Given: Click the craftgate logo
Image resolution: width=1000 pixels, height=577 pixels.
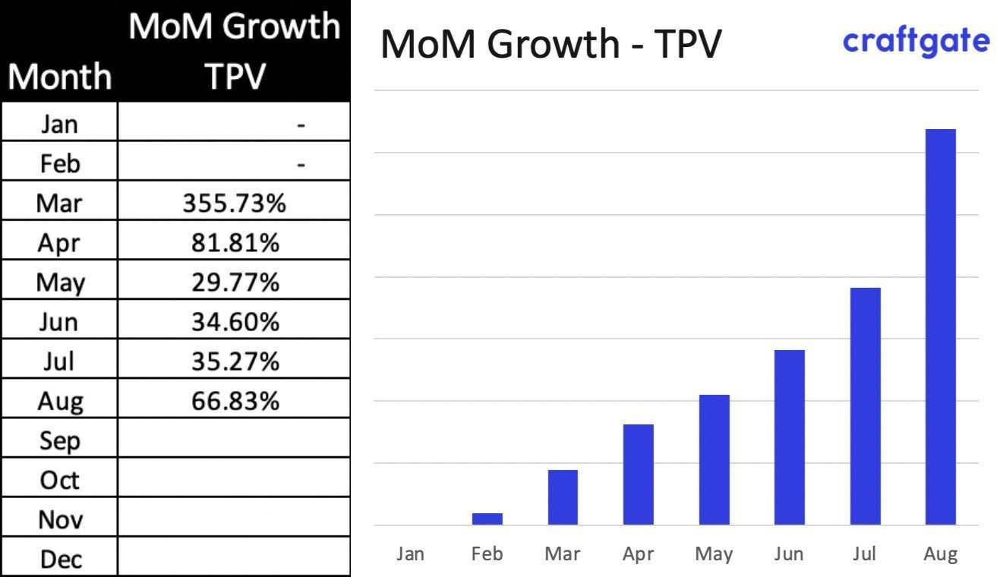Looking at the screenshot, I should pos(916,42).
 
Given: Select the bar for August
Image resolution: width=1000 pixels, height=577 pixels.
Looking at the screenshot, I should pos(940,326).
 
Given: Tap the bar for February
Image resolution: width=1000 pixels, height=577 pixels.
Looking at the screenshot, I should pos(487,519).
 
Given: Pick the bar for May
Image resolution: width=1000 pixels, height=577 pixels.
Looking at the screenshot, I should pos(714,459).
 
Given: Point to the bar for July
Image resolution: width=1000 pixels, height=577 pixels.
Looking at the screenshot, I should pos(865,406).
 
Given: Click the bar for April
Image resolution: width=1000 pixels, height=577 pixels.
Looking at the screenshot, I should pos(638,474).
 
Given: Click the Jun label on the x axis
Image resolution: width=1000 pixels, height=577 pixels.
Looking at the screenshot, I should pos(789,553).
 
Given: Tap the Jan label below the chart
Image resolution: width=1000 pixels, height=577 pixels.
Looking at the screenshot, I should pos(410,553).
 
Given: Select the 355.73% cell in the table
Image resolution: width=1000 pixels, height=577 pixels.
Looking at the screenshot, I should pos(234,203).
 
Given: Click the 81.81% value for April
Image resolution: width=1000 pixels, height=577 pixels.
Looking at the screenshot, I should pos(234,243).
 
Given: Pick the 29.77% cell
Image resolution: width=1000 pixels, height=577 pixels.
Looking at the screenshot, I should pos(234,282).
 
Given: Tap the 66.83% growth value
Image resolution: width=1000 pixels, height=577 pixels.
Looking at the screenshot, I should pos(234,401).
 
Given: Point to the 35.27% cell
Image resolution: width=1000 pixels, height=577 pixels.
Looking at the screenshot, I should pos(234,361).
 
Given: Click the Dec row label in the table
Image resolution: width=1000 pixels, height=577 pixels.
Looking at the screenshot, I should pos(60,560).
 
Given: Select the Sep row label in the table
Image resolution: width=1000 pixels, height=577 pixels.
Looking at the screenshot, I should pos(60,441).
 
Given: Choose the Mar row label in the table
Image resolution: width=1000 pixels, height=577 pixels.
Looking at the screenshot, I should pos(60,203).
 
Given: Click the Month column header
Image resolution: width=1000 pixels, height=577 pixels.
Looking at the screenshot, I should pos(60,77).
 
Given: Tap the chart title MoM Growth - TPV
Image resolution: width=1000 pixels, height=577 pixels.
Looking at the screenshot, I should pos(550,44).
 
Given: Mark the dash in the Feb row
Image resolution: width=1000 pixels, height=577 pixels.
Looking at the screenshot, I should pos(301,164).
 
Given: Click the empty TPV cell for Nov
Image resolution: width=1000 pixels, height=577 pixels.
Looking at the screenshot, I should pos(234,519).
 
